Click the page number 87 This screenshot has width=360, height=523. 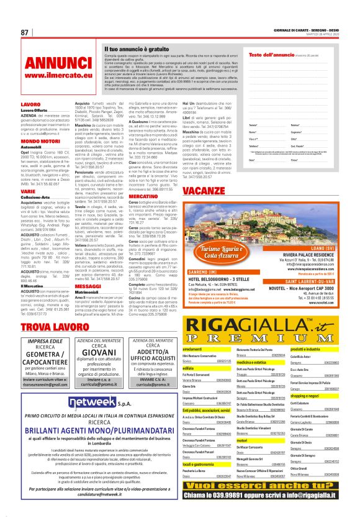[25, 32]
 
